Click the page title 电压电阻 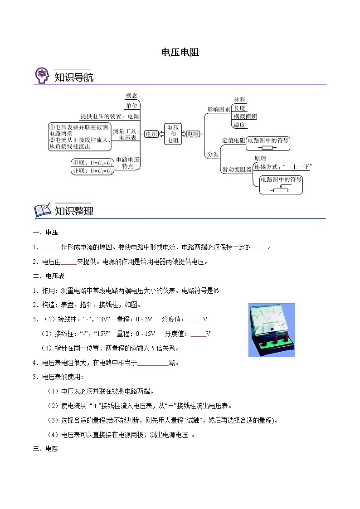pyautogui.click(x=180, y=52)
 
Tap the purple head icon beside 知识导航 pyautogui.click(x=42, y=75)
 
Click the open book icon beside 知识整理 pyautogui.click(x=43, y=210)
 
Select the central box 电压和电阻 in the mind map pyautogui.click(x=173, y=134)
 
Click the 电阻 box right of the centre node pyautogui.click(x=193, y=134)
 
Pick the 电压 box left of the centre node pyautogui.click(x=151, y=134)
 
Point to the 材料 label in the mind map pyautogui.click(x=239, y=100)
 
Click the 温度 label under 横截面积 pyautogui.click(x=239, y=125)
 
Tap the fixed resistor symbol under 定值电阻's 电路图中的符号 pyautogui.click(x=267, y=148)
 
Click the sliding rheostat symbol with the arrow pyautogui.click(x=281, y=189)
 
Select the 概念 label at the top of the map pyautogui.click(x=131, y=96)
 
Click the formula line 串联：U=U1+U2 pyautogui.click(x=92, y=163)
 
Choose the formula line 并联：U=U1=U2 pyautogui.click(x=92, y=171)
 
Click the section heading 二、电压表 pyautogui.click(x=49, y=276)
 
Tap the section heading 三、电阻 pyautogui.click(x=45, y=449)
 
